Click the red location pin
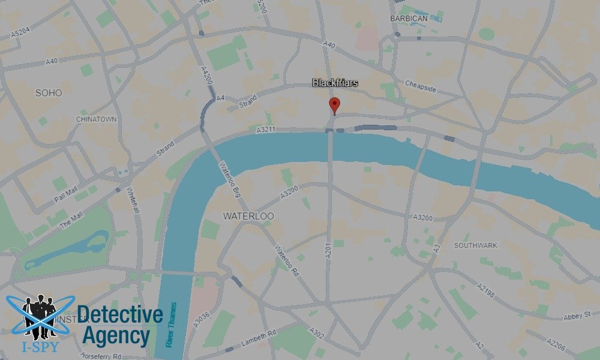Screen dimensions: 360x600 [334, 106]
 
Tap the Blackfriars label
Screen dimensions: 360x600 [335, 83]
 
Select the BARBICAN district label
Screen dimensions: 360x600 [409, 19]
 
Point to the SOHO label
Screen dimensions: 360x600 [49, 93]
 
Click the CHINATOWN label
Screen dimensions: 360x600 [96, 119]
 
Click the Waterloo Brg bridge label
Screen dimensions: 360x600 [229, 179]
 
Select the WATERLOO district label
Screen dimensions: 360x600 [248, 215]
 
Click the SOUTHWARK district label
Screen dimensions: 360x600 [476, 245]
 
